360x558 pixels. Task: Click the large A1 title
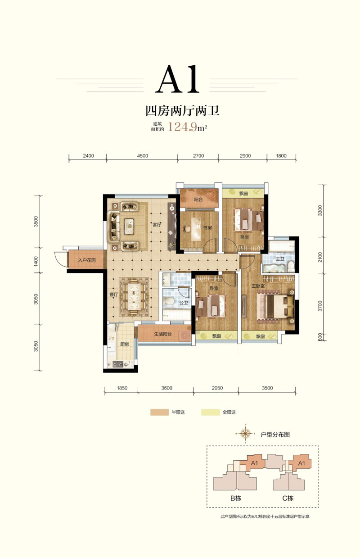click(x=177, y=79)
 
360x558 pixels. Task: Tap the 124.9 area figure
click(x=183, y=127)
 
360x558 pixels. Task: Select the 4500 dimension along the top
click(x=142, y=156)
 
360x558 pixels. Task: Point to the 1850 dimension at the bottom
click(x=122, y=388)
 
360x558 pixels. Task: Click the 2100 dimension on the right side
click(x=320, y=257)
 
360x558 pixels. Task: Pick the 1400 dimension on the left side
click(x=36, y=261)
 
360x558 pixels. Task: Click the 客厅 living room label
click(x=157, y=225)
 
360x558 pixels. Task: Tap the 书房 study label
click(x=207, y=227)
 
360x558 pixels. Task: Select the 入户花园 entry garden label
click(x=87, y=260)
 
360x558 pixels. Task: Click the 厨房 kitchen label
click(x=125, y=344)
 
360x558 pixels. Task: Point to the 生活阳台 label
click(x=163, y=334)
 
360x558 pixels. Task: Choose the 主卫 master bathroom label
click(x=280, y=259)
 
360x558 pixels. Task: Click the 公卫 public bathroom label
click(x=184, y=303)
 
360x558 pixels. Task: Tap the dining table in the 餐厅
click(x=134, y=297)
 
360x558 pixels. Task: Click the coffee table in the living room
click(x=130, y=226)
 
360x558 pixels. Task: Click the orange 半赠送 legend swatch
click(x=159, y=412)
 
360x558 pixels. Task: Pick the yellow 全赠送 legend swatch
click(x=210, y=412)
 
